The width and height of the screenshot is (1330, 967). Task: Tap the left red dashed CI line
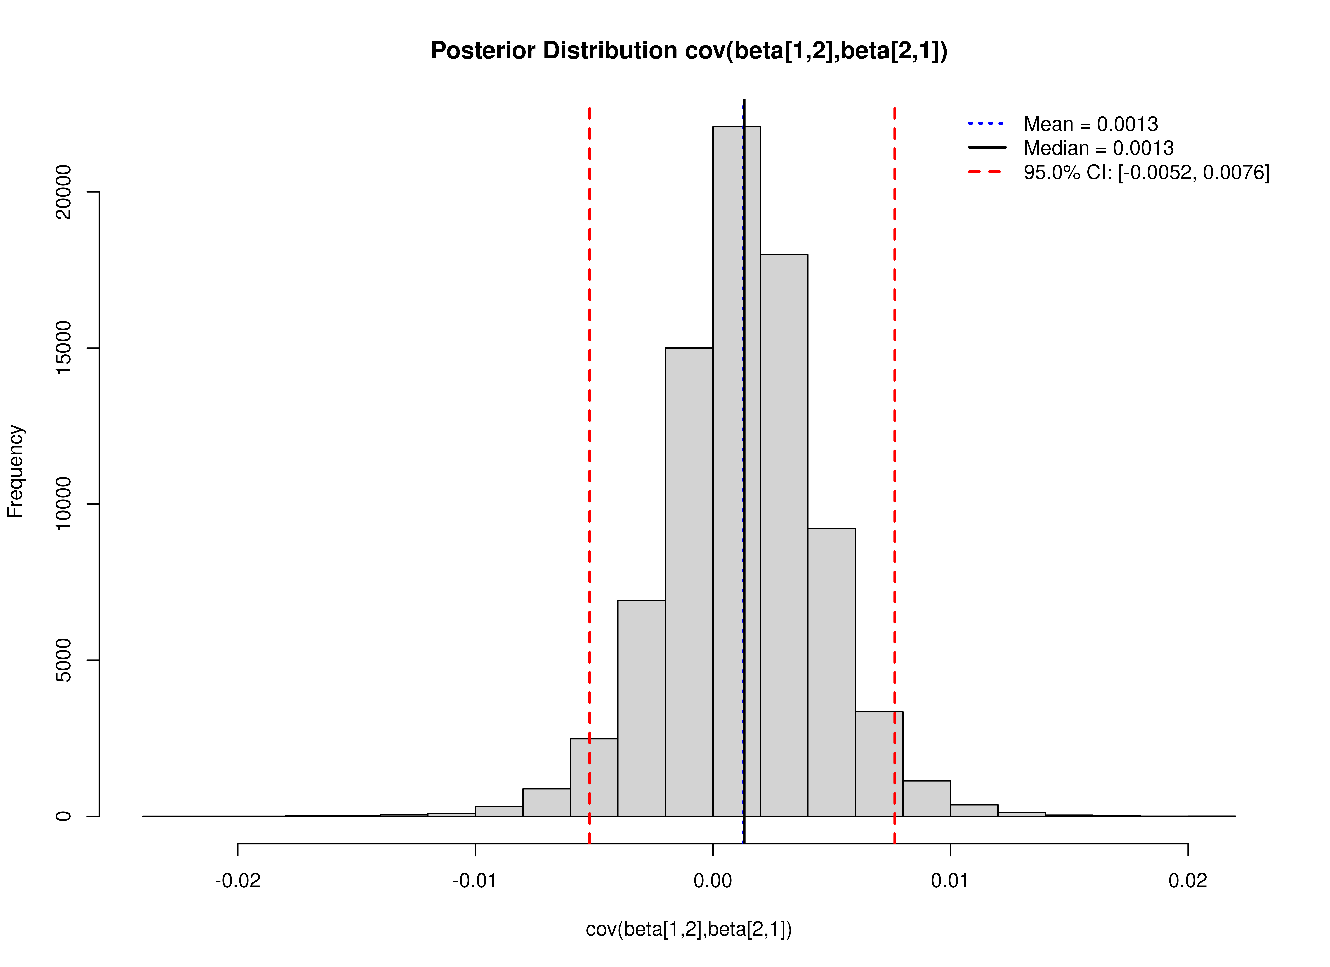coord(589,411)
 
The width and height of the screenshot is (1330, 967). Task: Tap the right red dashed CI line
coord(894,411)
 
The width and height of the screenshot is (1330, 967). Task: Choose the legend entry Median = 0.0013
coord(1098,148)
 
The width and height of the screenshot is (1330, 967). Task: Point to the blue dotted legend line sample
coord(986,124)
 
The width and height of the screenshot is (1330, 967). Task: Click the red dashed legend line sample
coord(986,172)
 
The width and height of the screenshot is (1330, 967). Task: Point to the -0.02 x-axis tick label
coord(238,881)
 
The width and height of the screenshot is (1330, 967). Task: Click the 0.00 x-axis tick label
coord(713,881)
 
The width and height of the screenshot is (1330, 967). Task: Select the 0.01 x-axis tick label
coord(950,881)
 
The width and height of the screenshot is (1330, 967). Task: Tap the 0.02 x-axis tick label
coord(1188,881)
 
